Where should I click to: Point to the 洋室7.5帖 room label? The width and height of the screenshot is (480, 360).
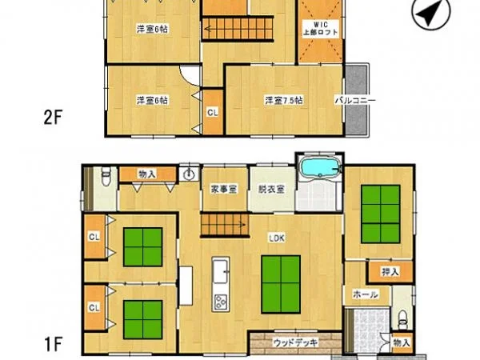[x=284, y=101]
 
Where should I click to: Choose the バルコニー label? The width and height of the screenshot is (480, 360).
[x=351, y=101]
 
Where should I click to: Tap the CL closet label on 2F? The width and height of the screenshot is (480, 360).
[x=212, y=113]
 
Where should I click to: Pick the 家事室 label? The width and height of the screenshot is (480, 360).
[x=223, y=190]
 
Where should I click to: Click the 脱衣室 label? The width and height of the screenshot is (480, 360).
[x=270, y=190]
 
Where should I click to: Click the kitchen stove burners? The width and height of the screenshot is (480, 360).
[x=220, y=302]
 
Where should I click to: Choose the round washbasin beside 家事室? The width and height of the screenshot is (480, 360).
[x=190, y=175]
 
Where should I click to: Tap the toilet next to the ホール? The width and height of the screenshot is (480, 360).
[x=402, y=318]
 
